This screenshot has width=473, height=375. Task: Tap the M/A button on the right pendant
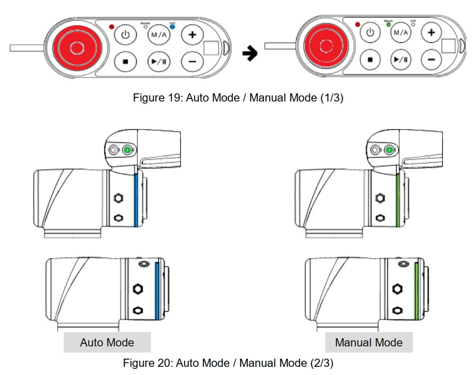tap(401, 33)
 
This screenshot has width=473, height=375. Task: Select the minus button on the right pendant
tap(431, 59)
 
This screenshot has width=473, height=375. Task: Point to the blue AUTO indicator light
tap(172, 27)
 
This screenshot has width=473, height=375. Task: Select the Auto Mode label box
tap(107, 342)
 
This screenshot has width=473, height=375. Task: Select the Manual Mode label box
tap(369, 342)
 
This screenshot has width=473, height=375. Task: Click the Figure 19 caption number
tap(175, 98)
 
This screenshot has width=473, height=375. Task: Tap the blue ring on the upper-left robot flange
tap(136, 199)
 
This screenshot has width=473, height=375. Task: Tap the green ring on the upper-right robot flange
tap(398, 199)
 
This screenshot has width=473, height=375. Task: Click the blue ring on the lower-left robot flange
tap(157, 289)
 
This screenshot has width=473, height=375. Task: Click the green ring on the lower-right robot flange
tap(416, 289)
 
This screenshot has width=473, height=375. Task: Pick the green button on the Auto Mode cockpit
tap(127, 150)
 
